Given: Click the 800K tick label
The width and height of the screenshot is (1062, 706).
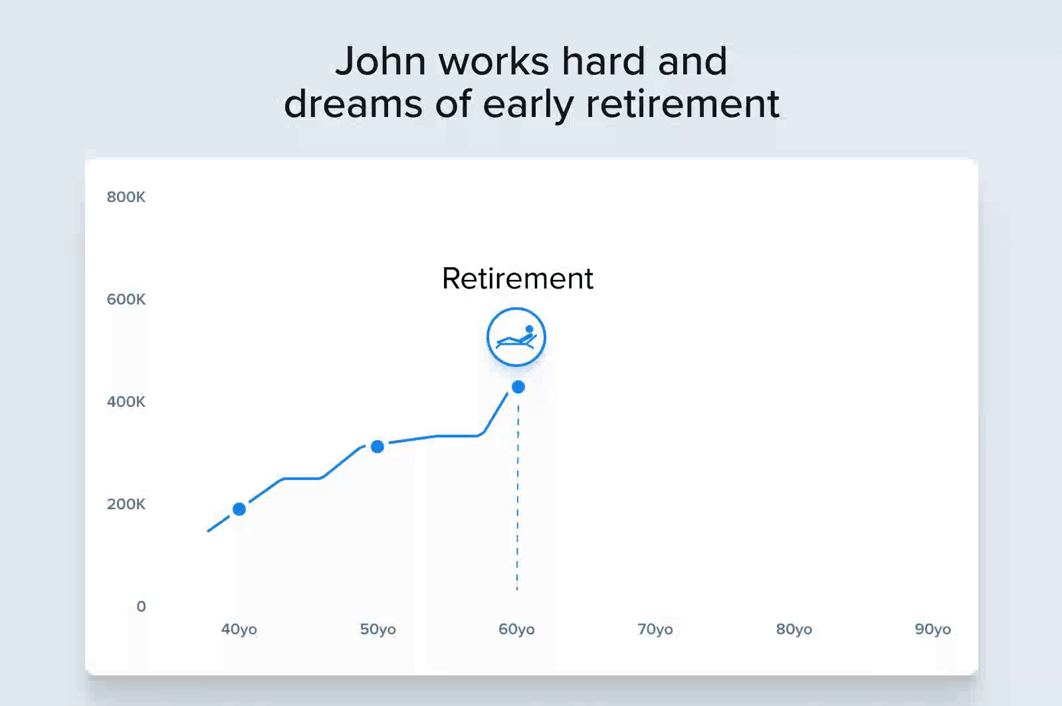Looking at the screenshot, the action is (x=126, y=197).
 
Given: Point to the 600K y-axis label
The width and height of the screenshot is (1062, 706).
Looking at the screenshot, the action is (x=126, y=299).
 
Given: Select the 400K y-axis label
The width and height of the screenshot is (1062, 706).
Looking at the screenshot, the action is (x=126, y=402).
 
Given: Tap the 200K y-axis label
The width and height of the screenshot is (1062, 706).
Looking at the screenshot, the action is (x=126, y=503).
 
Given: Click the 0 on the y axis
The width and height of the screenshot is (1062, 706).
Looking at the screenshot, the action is (x=142, y=606).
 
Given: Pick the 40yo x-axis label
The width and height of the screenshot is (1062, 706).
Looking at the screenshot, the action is (x=239, y=629).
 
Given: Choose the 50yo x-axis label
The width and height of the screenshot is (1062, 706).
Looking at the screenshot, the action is (x=378, y=629).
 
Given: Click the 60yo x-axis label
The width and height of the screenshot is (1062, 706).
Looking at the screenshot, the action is (x=516, y=629).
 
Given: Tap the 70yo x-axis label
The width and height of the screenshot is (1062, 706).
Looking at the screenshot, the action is (x=655, y=629).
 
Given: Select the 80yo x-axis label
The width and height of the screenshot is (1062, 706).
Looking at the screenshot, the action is (x=794, y=629).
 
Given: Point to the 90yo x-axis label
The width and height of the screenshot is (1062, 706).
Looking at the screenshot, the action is (x=932, y=629).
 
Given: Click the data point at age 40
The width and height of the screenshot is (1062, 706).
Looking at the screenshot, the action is (x=239, y=509).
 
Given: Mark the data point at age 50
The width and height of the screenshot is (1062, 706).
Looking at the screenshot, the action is (x=377, y=447).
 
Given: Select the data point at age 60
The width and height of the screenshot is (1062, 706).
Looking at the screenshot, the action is (x=518, y=387).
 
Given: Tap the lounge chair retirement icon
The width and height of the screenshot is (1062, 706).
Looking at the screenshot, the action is (x=516, y=337).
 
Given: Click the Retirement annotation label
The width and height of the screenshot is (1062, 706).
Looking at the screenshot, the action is (x=517, y=279).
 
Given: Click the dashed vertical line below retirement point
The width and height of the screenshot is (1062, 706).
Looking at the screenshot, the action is (x=517, y=498).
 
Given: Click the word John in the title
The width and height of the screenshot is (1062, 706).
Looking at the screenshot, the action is (x=380, y=61).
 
